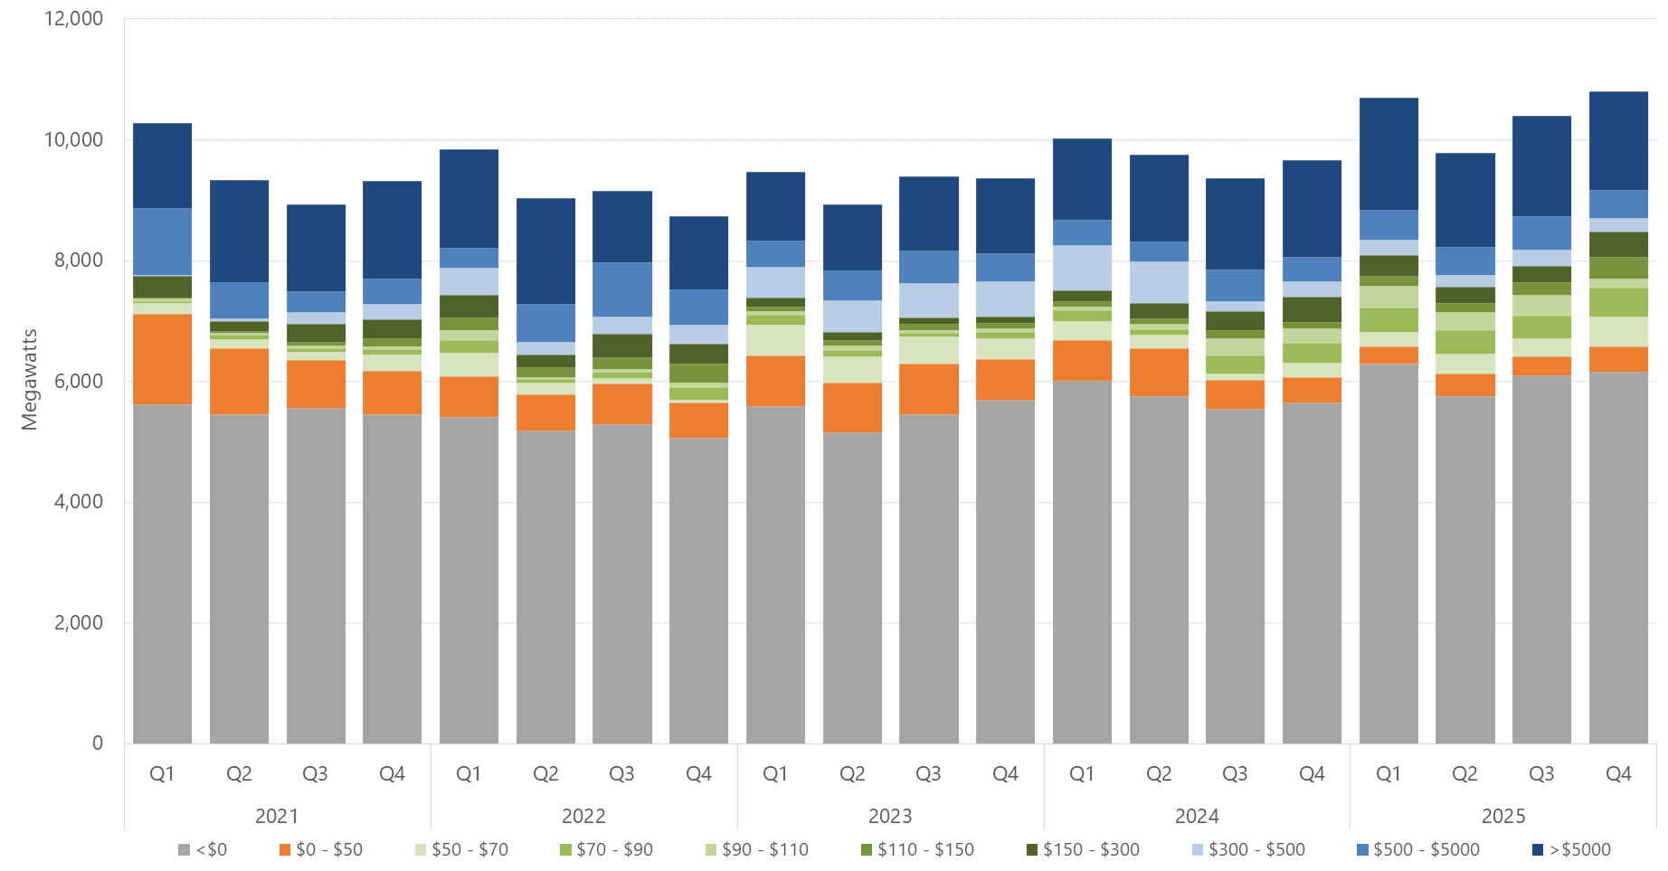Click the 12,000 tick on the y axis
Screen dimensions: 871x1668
(73, 19)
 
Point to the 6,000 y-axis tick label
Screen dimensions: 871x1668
(79, 381)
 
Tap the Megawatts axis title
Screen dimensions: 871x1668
(29, 380)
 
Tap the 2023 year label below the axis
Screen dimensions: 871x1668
(890, 816)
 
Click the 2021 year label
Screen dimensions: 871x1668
(277, 816)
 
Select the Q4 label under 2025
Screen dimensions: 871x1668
(1618, 773)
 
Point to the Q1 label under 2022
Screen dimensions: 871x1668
(469, 773)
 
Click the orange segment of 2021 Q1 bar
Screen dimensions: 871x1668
(162, 359)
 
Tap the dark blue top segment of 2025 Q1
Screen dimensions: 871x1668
(1388, 154)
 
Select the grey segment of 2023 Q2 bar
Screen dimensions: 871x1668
(852, 588)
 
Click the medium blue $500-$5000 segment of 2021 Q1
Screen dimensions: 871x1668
(162, 241)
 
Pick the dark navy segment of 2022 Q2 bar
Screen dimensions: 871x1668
(545, 251)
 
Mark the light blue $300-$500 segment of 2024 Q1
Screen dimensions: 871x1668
(1082, 268)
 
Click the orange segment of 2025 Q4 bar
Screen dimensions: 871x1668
(1618, 359)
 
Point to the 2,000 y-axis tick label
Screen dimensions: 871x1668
(79, 622)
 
